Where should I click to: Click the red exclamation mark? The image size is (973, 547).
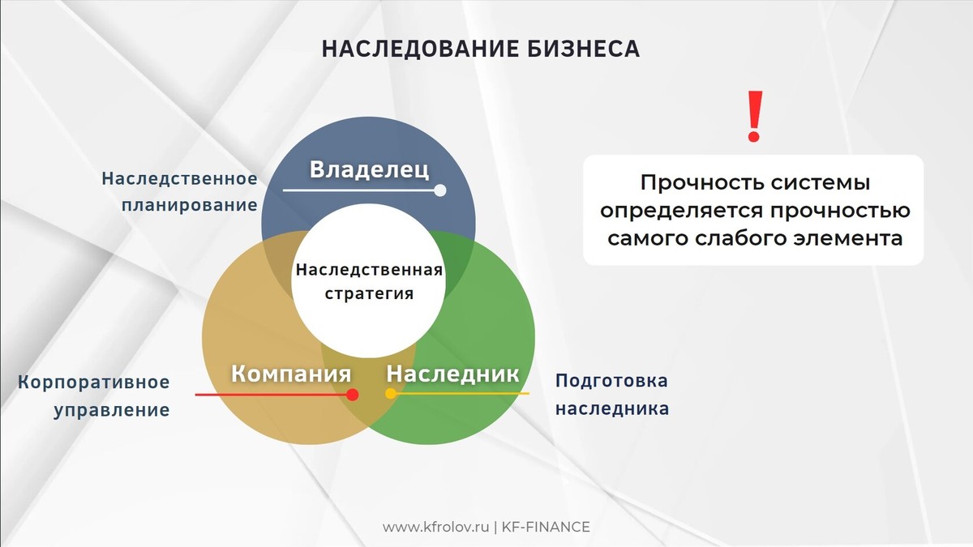pos(755,117)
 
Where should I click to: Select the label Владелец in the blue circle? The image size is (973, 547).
pos(369,170)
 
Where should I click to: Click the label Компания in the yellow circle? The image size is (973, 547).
pos(291,374)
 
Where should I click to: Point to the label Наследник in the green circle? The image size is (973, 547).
pos(452,374)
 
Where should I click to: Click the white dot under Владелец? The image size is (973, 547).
pos(440,190)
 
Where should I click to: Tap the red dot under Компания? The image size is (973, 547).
pos(353,395)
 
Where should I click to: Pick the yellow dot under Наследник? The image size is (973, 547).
pos(390,394)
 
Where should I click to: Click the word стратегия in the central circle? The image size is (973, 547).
pos(369,293)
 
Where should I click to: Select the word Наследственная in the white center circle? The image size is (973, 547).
pos(369,270)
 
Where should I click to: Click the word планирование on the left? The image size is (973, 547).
pos(190,205)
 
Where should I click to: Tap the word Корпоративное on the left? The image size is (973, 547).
pos(94,382)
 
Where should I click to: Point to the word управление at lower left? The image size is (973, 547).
pos(112,410)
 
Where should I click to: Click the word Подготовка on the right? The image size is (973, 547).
pos(611,381)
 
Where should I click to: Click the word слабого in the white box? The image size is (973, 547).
pos(745,239)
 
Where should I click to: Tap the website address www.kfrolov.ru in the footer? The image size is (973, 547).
pos(435,528)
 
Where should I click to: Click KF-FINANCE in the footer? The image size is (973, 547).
pos(546,528)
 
